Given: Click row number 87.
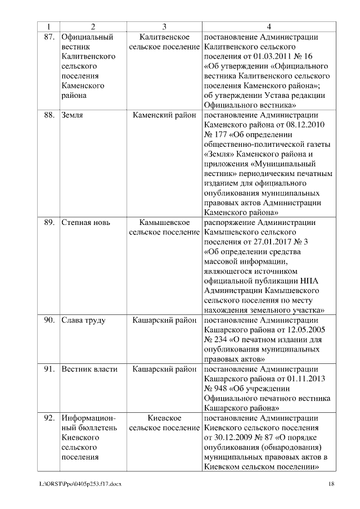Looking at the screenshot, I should tap(48, 37).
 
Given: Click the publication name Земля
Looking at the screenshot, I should tap(73, 115).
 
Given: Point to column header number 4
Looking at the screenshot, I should tap(269, 26).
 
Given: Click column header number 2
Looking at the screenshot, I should tap(93, 26).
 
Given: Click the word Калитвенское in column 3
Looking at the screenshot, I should tap(164, 37).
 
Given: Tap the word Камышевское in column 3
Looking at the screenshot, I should tap(164, 222).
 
